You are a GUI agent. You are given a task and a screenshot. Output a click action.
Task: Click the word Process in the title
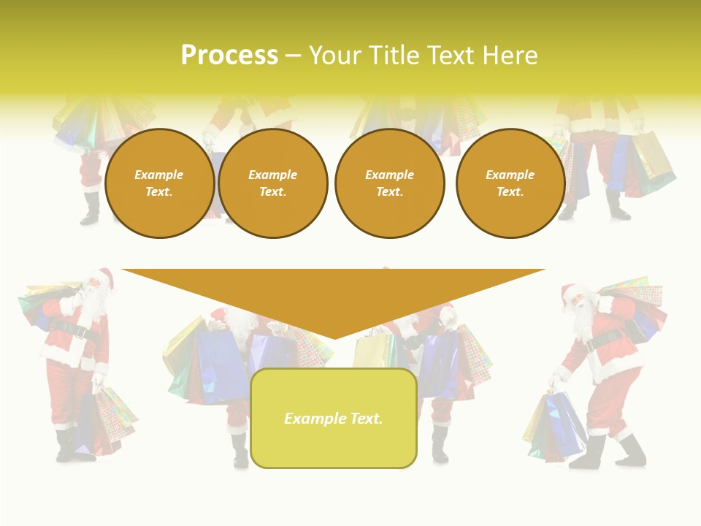[x=229, y=56]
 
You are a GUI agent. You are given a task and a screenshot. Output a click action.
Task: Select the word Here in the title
[x=508, y=56]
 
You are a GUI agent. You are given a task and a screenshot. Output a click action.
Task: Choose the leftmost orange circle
[x=159, y=183]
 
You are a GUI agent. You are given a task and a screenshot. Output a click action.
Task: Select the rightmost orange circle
[x=510, y=183]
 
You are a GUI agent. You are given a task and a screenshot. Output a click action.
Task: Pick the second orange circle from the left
[x=273, y=183]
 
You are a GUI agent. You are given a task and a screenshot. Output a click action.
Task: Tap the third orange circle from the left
[x=390, y=183]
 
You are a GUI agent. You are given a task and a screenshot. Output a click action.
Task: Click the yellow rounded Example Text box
[x=334, y=419]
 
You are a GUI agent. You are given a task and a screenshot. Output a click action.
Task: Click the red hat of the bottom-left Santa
[x=104, y=277]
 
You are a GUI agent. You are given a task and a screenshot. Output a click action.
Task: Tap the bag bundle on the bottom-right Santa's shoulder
[x=635, y=300]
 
